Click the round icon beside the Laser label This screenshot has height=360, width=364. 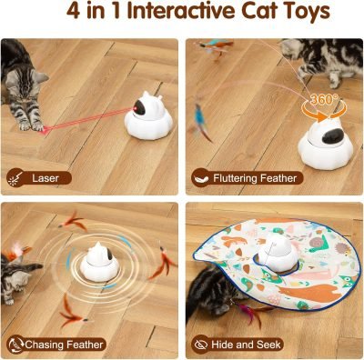(15, 178)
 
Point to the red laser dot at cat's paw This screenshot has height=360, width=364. (42, 130)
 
